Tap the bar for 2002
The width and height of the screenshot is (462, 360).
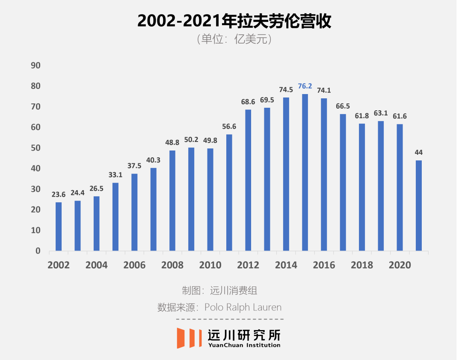pyautogui.click(x=59, y=227)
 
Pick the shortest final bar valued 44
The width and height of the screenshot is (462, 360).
pyautogui.click(x=419, y=206)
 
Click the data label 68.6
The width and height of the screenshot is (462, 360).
pyautogui.click(x=248, y=102)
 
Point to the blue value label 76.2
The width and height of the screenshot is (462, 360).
pyautogui.click(x=305, y=86)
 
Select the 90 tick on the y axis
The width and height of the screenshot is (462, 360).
pyautogui.click(x=36, y=65)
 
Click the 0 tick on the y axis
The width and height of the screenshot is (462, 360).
pyautogui.click(x=38, y=251)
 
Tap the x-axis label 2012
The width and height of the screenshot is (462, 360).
pyautogui.click(x=248, y=265)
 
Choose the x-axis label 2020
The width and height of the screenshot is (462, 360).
pyautogui.click(x=400, y=265)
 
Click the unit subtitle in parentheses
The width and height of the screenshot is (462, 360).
pyautogui.click(x=234, y=39)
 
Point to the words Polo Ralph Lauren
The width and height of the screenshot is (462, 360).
pyautogui.click(x=243, y=307)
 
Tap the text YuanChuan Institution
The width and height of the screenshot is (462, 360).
pyautogui.click(x=244, y=345)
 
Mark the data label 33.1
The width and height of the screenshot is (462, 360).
pyautogui.click(x=115, y=175)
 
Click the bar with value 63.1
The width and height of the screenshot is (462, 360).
pyautogui.click(x=381, y=186)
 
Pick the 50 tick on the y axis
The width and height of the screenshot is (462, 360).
pyautogui.click(x=36, y=148)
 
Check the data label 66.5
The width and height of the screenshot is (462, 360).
pyautogui.click(x=343, y=106)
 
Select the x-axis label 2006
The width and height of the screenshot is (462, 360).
pyautogui.click(x=134, y=265)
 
